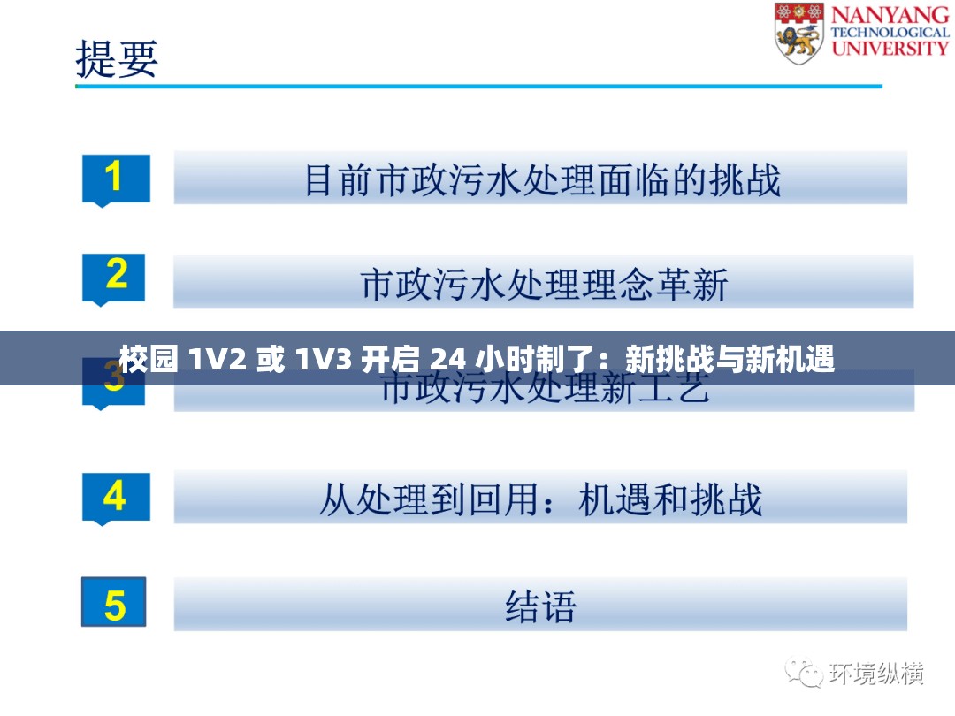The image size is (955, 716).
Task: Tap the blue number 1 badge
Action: tap(115, 179)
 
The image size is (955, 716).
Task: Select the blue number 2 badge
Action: tap(115, 278)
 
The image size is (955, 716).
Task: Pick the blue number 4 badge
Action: tap(115, 497)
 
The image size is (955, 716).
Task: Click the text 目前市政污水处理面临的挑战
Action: tap(542, 179)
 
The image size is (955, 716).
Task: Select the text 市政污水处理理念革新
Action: tap(544, 285)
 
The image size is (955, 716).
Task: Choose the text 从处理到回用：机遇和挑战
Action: tap(540, 500)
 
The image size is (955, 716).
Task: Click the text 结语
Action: tap(540, 606)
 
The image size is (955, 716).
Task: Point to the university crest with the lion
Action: tap(798, 33)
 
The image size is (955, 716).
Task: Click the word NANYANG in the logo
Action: tap(889, 15)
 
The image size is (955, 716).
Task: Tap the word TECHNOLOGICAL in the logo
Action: tap(890, 33)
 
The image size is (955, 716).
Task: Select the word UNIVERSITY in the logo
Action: tap(890, 48)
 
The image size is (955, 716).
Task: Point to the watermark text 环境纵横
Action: tap(875, 674)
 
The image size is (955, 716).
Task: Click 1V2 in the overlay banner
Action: tap(214, 359)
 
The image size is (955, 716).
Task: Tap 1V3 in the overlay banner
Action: tap(321, 359)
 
